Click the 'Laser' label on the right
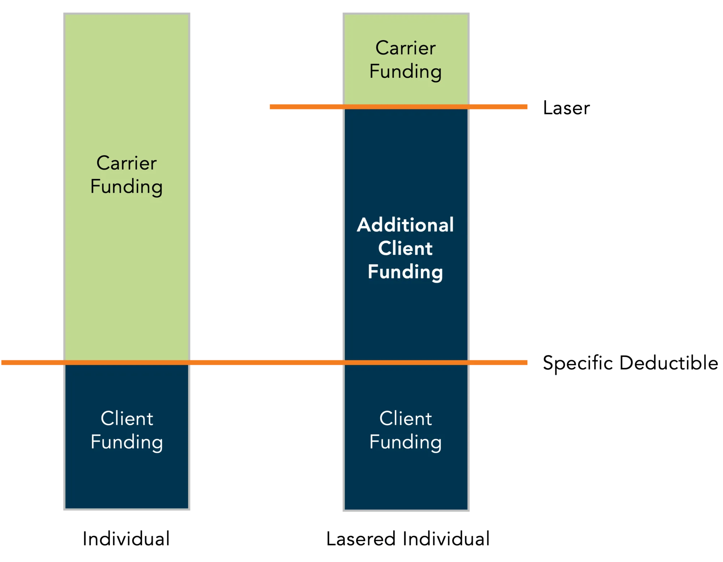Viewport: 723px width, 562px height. click(566, 108)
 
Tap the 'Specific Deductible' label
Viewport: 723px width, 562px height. click(630, 363)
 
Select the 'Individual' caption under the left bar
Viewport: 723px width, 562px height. click(126, 538)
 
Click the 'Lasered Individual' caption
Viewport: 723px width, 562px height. click(408, 538)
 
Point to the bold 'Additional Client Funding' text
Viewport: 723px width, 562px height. click(405, 248)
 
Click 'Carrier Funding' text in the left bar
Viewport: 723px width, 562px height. click(127, 175)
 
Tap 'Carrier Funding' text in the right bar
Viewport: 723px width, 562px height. click(405, 60)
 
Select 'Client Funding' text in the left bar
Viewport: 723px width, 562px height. click(127, 430)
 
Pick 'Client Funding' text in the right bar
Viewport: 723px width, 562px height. click(405, 430)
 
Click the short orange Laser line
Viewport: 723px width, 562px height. click(307, 107)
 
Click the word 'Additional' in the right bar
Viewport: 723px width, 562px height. click(405, 225)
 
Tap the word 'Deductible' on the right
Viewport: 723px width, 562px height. click(668, 363)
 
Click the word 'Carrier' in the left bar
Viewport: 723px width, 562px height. click(127, 163)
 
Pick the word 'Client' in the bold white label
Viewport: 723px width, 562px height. click(405, 248)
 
